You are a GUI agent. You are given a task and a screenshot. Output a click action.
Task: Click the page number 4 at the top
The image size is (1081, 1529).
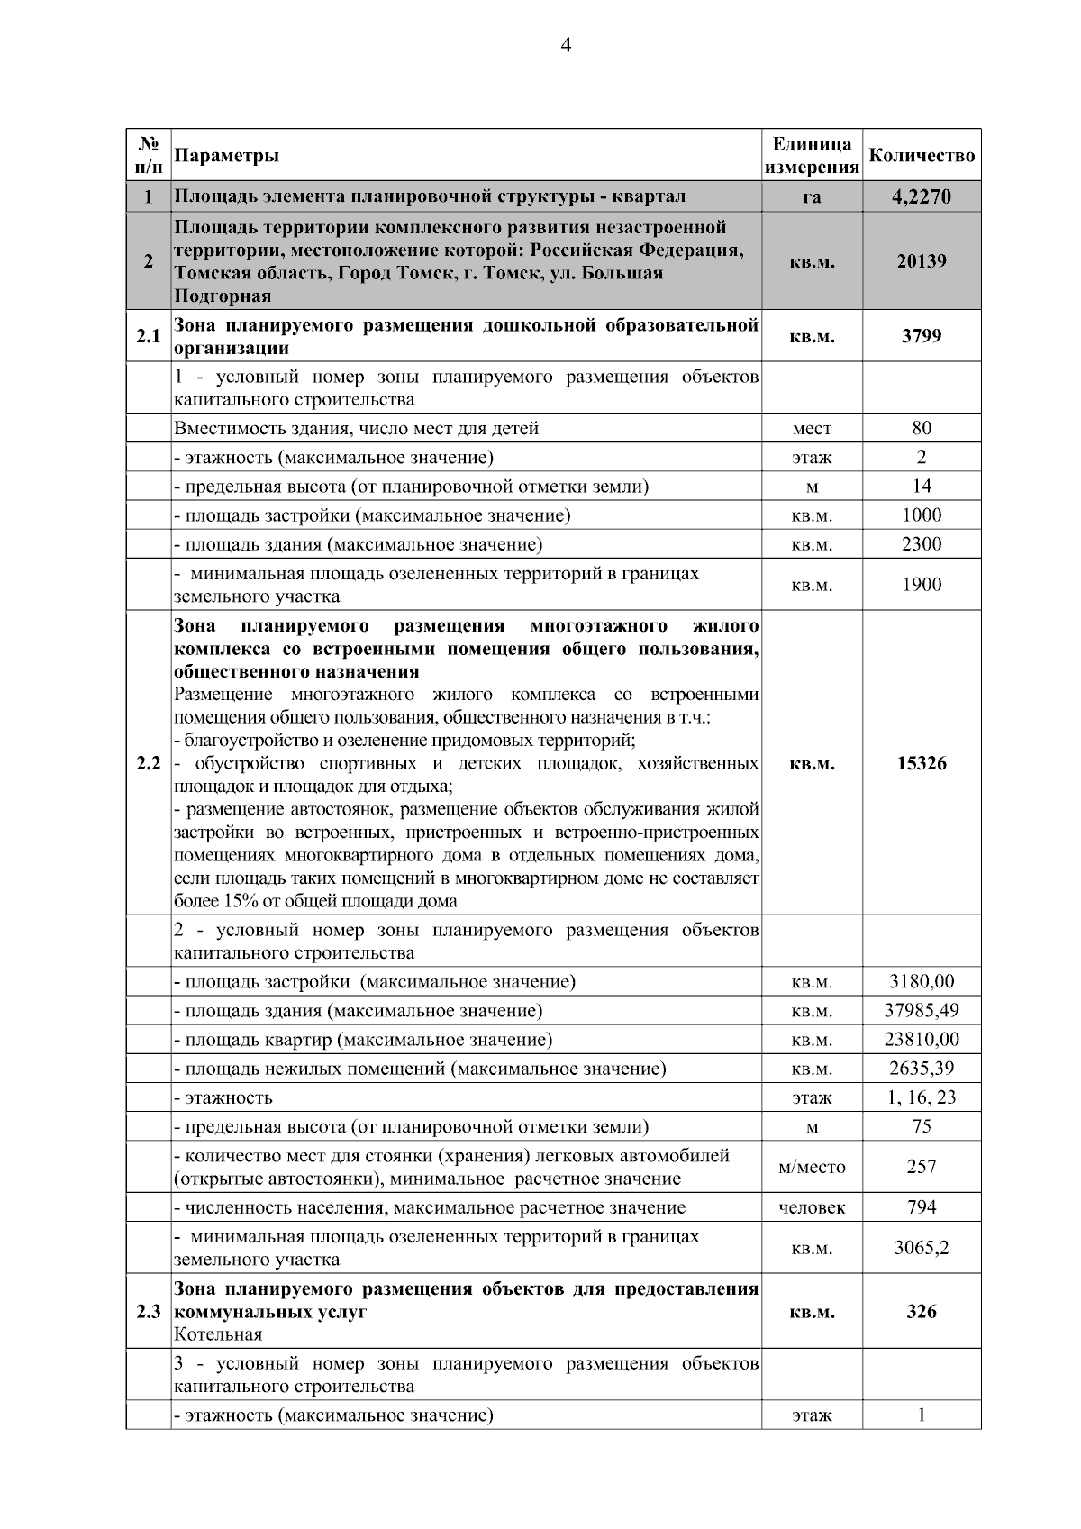[566, 47]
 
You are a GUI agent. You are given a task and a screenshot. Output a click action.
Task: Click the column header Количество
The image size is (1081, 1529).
[922, 156]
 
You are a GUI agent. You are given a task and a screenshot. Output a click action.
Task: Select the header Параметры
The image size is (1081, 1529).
[226, 156]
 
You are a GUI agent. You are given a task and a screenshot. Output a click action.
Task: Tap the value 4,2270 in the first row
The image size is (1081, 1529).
[922, 196]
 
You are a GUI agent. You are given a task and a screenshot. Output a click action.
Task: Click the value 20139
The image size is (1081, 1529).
[922, 261]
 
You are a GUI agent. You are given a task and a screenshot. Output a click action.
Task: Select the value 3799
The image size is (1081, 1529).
[922, 336]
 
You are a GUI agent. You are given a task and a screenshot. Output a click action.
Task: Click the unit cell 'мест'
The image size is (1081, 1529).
[812, 429]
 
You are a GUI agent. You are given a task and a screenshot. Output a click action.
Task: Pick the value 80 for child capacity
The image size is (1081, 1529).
[922, 428]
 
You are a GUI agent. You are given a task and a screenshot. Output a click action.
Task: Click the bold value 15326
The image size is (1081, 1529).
[922, 764]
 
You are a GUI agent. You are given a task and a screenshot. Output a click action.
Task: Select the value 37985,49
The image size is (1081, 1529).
[922, 1011]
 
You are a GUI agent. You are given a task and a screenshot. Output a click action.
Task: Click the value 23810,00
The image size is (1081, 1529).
[922, 1040]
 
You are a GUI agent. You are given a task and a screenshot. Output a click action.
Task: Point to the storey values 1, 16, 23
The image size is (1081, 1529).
[922, 1097]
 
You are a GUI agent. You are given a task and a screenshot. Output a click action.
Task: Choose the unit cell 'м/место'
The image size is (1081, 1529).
[812, 1168]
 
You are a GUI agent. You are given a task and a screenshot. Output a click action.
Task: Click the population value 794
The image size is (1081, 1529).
[922, 1207]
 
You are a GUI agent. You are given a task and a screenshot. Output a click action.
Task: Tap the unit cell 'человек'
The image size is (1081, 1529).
[812, 1208]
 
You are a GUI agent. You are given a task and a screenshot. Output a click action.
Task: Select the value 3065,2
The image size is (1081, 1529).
[922, 1249]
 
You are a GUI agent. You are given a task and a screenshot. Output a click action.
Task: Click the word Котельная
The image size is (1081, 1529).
[218, 1334]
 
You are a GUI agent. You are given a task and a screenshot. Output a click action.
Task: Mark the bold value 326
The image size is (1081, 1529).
[922, 1312]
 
